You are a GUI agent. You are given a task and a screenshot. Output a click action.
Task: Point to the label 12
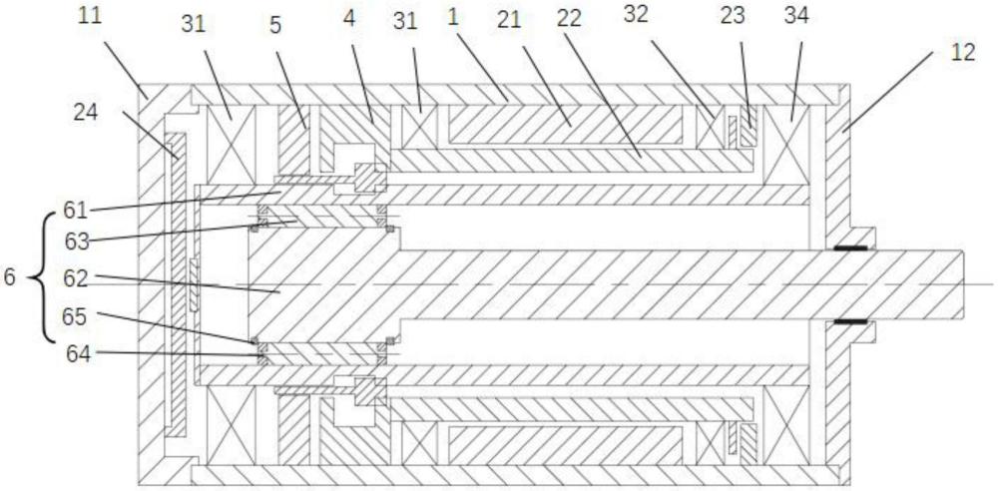[962, 54]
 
